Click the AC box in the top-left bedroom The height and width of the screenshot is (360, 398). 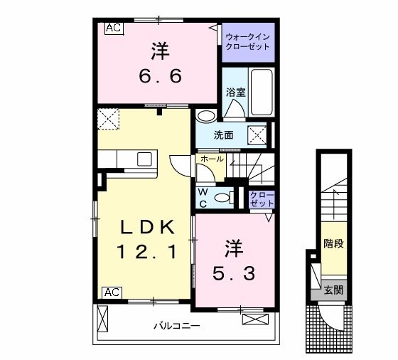point(114,28)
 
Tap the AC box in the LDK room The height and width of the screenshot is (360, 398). point(111,292)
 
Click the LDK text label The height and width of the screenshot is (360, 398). point(147,228)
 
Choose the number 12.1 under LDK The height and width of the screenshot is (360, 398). point(147,253)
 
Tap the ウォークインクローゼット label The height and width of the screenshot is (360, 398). point(247,41)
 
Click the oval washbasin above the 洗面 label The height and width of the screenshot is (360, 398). point(206,116)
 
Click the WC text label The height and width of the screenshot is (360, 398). point(203,197)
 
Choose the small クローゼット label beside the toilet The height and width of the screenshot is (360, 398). point(262,198)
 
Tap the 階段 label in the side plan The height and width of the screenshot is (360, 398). point(333,244)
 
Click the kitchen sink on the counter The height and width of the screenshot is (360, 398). point(139,157)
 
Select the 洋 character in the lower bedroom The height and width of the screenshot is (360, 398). point(235,248)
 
